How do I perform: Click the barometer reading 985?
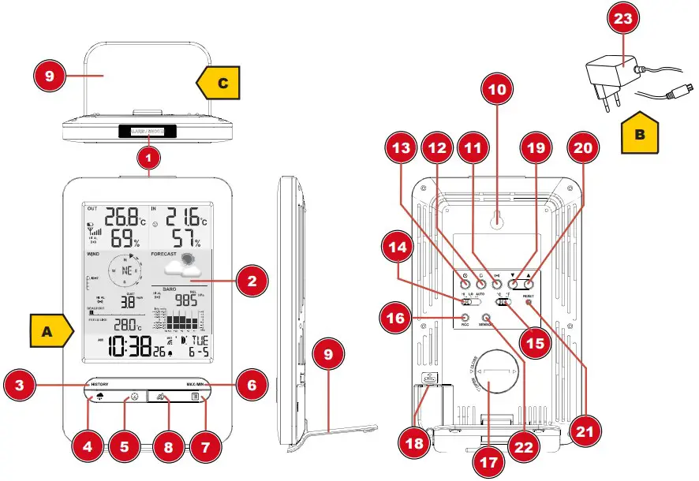186,300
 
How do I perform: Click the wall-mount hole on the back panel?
496,222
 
